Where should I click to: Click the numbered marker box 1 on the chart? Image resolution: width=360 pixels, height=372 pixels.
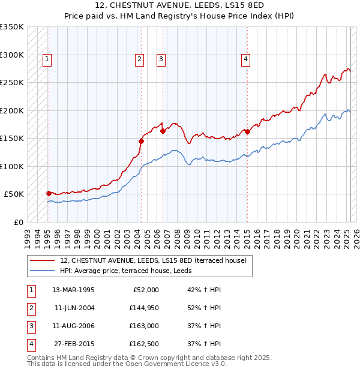[47, 59]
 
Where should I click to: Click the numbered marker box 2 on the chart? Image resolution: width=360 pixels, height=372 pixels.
[139, 59]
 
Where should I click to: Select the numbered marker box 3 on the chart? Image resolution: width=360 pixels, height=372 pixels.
[161, 59]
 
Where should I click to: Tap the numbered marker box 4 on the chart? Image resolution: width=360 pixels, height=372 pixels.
[246, 59]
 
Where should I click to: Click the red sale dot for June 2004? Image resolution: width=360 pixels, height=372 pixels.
[141, 142]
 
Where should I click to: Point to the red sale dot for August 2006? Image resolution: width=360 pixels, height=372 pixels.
[163, 131]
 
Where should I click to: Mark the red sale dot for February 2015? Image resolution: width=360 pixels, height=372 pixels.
[247, 131]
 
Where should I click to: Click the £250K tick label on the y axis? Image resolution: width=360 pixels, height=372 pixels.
[12, 83]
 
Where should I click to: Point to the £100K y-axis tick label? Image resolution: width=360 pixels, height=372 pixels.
[12, 166]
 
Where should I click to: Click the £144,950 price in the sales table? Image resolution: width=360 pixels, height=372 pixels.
[143, 307]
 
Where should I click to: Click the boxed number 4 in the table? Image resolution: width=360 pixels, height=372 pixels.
[31, 344]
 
